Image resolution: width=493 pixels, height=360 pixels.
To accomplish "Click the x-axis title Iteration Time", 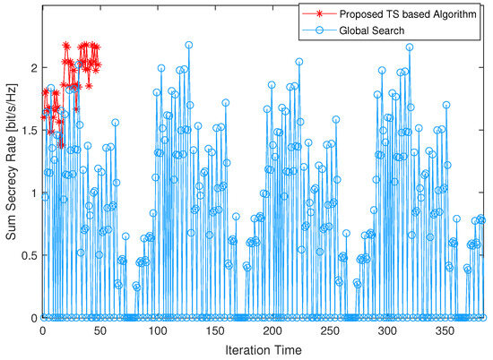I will pos(264,349).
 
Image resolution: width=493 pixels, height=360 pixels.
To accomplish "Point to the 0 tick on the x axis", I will pos(42,330).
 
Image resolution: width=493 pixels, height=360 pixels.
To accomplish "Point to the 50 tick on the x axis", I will pos(99,330).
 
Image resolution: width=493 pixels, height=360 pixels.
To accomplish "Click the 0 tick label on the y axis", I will pos(33,318).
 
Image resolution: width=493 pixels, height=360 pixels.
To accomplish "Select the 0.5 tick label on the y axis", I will pos(28,255).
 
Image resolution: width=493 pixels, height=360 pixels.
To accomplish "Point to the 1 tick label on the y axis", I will pos(33,193).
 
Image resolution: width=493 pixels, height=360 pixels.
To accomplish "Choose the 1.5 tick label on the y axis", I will pos(28,130).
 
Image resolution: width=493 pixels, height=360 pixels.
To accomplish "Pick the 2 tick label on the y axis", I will pos(33,68).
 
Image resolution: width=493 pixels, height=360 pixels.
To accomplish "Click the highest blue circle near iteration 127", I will pos(189,45).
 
